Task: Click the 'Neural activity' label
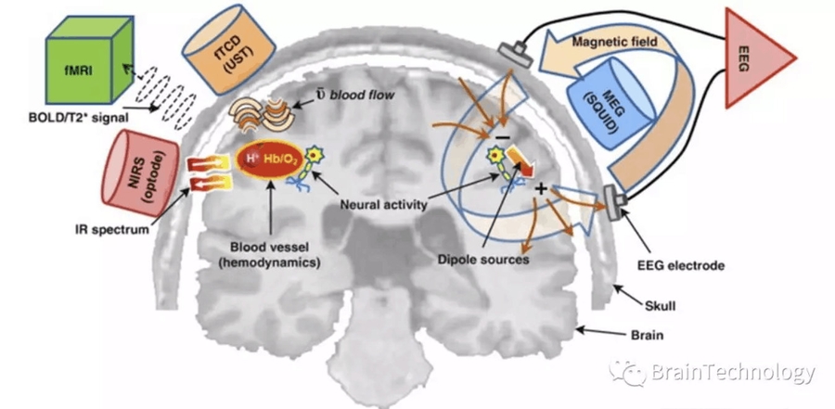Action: [379, 203]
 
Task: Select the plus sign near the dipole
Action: [539, 189]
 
